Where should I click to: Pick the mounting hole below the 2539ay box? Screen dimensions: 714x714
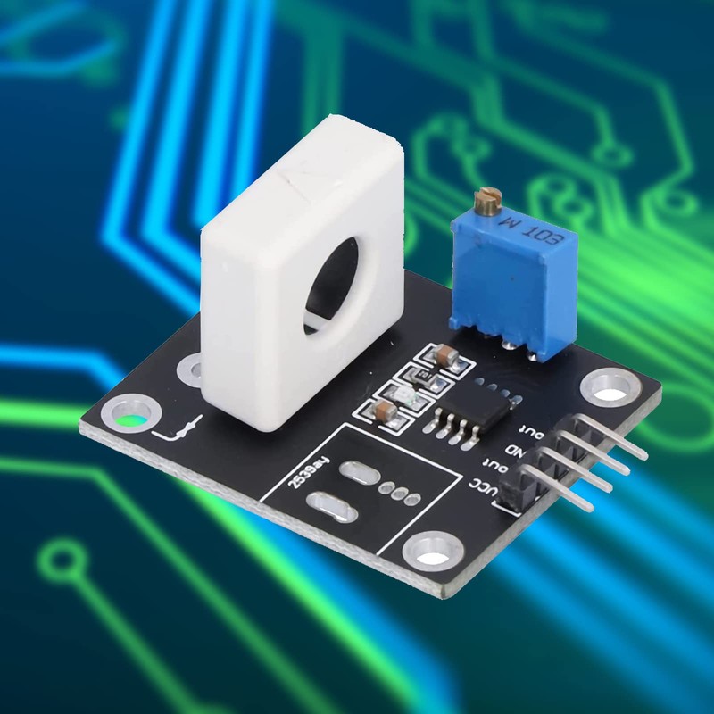click(x=433, y=548)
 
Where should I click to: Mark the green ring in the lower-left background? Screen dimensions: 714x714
click(x=58, y=562)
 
